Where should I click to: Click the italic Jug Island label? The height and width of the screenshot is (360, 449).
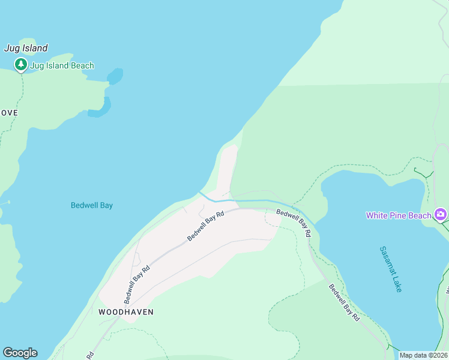click(26, 48)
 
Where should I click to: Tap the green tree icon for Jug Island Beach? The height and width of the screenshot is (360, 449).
click(21, 64)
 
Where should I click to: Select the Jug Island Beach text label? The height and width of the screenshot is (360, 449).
click(62, 65)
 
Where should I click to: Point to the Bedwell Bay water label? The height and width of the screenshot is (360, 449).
click(92, 205)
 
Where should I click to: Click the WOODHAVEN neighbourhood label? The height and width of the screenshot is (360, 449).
click(126, 312)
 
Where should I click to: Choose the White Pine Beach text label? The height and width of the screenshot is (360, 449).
click(399, 215)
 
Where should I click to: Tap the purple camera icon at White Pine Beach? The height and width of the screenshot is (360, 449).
click(441, 214)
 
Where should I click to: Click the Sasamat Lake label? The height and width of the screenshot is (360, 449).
click(391, 269)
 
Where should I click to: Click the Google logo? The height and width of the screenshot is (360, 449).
click(20, 353)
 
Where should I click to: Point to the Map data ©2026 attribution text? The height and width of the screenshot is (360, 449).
click(423, 355)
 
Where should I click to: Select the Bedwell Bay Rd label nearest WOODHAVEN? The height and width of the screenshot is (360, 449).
click(137, 284)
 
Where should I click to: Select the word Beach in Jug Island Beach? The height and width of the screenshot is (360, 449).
click(82, 65)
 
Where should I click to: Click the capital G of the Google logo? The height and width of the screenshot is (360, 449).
click(8, 353)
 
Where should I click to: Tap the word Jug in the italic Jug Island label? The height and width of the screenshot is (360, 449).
click(11, 48)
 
